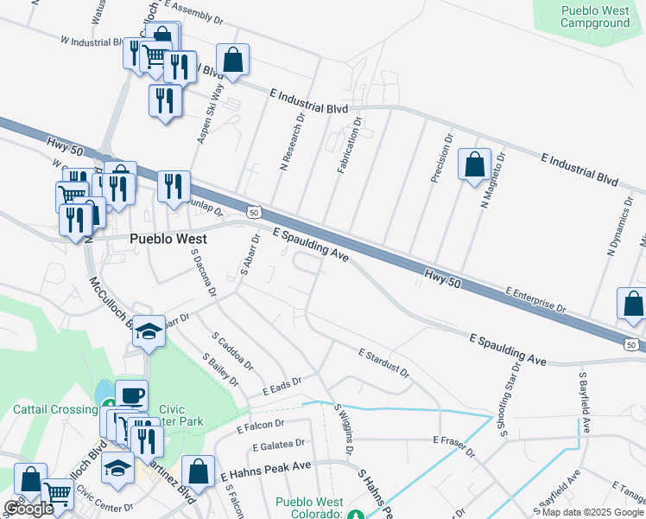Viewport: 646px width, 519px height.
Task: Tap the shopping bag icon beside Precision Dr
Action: [474, 164]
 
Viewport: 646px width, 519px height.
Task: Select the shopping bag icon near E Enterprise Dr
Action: [633, 304]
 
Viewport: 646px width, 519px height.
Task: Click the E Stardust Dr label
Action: [384, 361]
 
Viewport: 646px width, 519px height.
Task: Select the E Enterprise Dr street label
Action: [535, 300]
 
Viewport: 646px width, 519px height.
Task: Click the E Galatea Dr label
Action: [278, 445]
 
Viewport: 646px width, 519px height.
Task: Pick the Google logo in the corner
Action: [28, 508]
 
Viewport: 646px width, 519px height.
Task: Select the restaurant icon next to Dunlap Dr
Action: [174, 186]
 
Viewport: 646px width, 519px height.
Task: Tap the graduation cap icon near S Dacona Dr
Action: [149, 331]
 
